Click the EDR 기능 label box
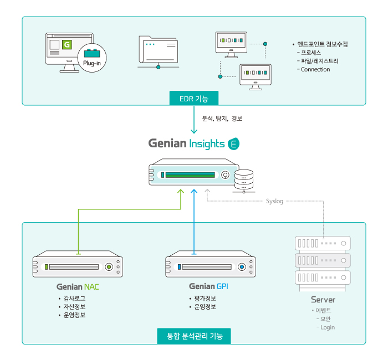pos(194,99)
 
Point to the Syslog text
pos(274,201)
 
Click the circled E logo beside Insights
pos(233,143)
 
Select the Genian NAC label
pos(78,287)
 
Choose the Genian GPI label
pos(208,286)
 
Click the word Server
pos(323,300)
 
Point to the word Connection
pos(315,70)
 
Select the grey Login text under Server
pos(328,327)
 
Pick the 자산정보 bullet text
pos(74,307)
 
